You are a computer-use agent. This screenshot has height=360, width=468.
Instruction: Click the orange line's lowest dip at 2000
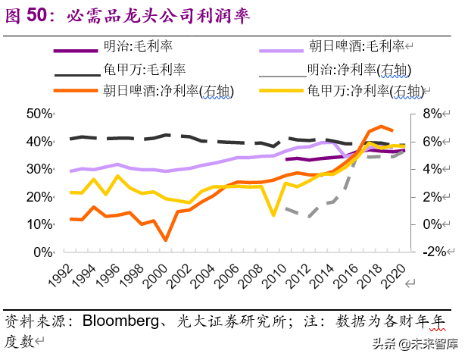click(165, 240)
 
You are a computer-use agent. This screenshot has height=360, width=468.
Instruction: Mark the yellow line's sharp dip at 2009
click(273, 215)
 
